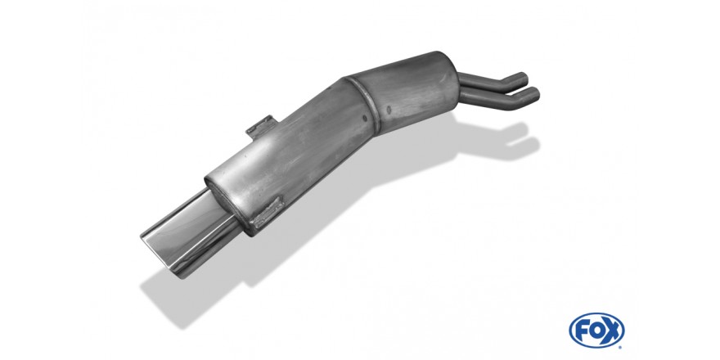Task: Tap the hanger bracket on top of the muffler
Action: point(263,126)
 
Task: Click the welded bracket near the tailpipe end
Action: point(267,213)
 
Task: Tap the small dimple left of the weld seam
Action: point(365,119)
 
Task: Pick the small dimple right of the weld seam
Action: point(389,110)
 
